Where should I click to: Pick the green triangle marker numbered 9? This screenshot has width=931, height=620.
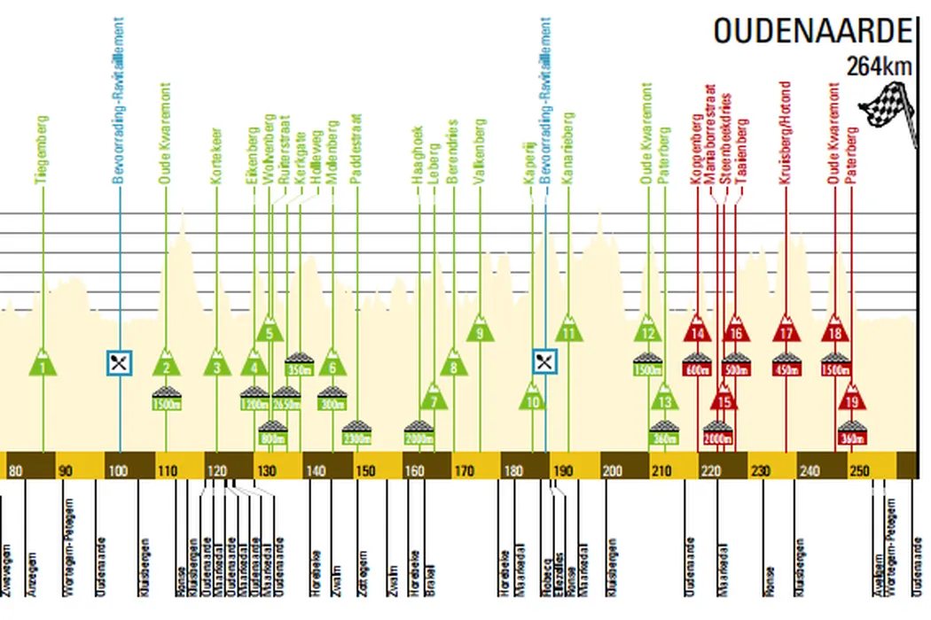480,331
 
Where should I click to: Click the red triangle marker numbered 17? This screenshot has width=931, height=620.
786,331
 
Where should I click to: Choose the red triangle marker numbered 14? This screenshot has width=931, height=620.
698,331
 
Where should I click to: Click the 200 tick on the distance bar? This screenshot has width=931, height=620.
612,469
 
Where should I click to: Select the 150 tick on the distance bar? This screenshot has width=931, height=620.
364,469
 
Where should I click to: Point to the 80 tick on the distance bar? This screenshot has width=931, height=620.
15,469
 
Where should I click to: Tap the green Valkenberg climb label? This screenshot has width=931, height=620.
480,151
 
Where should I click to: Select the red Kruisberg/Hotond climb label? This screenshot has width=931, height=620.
786,133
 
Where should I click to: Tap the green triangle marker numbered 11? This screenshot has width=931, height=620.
568,331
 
